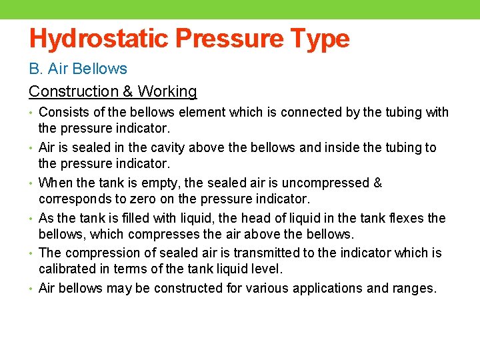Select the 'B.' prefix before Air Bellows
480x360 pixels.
[x=35, y=69]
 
